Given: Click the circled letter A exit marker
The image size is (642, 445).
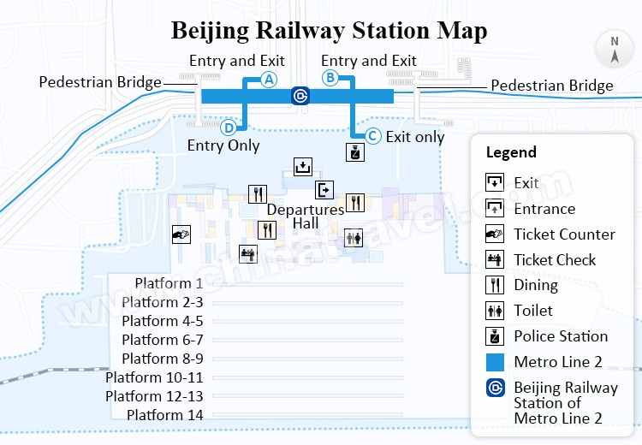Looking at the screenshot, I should click(269, 80).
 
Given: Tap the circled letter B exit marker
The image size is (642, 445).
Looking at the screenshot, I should click(329, 78).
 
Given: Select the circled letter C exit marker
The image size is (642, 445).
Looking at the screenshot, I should click(372, 136).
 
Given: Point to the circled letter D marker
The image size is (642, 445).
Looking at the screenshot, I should click(229, 128).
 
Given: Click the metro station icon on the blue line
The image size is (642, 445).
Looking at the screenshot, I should click(300, 96).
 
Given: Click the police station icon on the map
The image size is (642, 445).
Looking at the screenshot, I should click(354, 152).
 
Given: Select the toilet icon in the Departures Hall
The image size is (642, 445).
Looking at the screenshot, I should click(354, 237).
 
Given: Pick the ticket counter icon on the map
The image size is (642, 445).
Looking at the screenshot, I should click(181, 233).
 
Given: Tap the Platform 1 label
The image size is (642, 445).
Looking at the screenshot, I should click(169, 283).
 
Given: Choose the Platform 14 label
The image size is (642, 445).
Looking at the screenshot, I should click(165, 415).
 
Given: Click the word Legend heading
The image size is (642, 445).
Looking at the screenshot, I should click(511, 153).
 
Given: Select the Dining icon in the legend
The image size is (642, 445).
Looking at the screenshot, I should click(495, 285).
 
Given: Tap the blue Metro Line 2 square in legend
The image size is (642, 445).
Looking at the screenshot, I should click(495, 362).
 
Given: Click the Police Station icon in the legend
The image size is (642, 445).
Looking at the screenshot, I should click(495, 336).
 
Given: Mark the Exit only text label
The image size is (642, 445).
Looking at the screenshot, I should click(415, 136).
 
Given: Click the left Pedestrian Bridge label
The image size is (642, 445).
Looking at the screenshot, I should click(100, 82).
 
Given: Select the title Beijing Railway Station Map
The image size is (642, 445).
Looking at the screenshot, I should click(329, 31).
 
